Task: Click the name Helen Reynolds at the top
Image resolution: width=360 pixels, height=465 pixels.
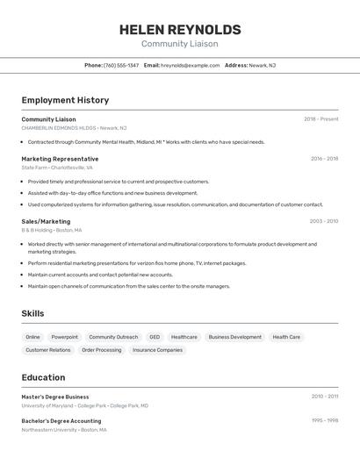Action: (179, 29)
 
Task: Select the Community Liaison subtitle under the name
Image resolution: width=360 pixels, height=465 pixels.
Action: (179, 44)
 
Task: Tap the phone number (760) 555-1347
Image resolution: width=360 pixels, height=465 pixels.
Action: (121, 66)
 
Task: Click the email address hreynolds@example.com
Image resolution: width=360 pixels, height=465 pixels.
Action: (191, 66)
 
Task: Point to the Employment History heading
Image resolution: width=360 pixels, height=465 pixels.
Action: (65, 100)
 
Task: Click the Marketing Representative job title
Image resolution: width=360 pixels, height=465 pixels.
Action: (60, 159)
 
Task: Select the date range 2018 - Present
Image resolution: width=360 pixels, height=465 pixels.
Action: (320, 119)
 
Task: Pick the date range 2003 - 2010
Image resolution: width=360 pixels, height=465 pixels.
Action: (323, 222)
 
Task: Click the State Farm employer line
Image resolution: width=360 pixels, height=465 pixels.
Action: (57, 168)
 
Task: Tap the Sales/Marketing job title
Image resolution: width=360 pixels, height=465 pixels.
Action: (46, 222)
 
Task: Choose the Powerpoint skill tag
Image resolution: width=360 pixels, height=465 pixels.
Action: (64, 337)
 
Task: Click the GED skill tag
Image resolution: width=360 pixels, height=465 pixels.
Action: (155, 337)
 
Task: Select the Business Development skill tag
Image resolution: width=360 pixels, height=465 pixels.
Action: (234, 337)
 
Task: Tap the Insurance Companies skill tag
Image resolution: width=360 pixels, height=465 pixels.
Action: (157, 350)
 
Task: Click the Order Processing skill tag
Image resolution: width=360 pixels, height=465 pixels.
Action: (102, 350)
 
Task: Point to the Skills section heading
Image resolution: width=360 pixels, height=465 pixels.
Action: (32, 313)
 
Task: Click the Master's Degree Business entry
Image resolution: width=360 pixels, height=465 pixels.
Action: (55, 397)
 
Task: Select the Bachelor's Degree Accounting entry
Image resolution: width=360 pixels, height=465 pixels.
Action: (61, 421)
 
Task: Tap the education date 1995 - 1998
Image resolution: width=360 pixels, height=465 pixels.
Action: (324, 421)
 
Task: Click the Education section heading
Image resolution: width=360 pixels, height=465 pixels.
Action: (43, 377)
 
